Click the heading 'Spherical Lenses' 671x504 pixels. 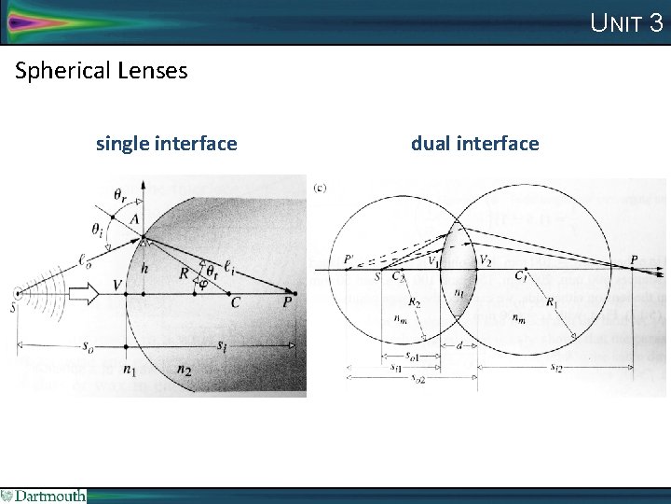102,70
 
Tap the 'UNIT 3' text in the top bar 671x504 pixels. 627,22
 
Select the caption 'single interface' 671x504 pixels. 166,144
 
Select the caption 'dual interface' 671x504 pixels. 474,144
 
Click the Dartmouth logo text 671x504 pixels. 48,496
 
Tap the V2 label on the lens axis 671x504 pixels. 485,259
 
